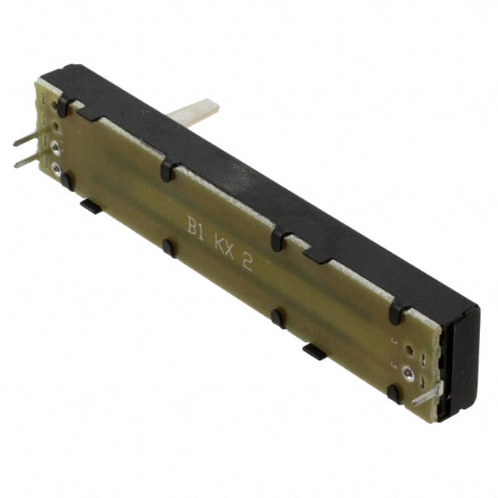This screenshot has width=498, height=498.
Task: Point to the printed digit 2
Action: pos(247,262)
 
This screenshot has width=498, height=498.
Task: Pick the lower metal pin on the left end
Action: pos(26,161)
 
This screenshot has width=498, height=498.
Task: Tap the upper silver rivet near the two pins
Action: pos(56,146)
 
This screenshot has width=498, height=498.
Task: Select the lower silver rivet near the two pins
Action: pos(56,166)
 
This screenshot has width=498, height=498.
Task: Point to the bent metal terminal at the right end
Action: pos(426,396)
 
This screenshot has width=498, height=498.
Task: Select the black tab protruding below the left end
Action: pos(90,206)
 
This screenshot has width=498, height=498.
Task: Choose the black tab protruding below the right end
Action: pos(314,351)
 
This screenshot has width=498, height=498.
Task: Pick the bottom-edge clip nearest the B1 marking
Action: pos(167,248)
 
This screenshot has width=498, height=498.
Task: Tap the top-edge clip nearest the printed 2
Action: pos(278,238)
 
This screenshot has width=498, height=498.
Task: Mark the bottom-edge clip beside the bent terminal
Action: pos(395,393)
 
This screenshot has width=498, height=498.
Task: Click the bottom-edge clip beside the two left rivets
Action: pos(67,181)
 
